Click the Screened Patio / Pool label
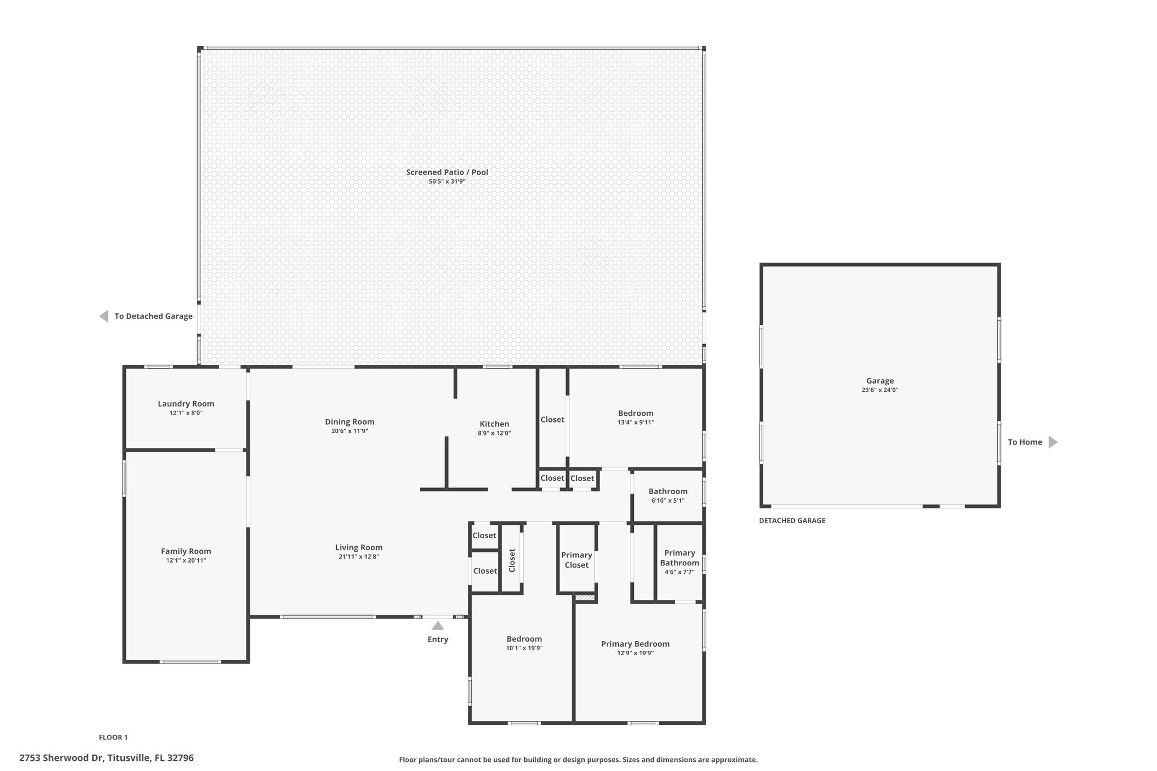coord(447,172)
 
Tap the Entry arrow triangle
coord(438,625)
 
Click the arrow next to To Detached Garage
coord(103,316)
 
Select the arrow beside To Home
coord(1053,442)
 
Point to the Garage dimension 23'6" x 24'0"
coord(880,390)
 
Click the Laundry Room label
coord(186,404)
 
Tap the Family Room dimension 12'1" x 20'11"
coord(186,561)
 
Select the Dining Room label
coord(350,422)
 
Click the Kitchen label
coord(494,424)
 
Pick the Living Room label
coord(359,547)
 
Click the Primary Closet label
coord(577,560)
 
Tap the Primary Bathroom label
coord(680,558)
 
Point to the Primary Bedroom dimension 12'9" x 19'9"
coord(636,654)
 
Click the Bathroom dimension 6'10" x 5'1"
coord(668,500)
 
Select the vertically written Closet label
coord(512,560)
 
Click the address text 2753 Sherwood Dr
coord(61,758)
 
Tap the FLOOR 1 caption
coord(113,737)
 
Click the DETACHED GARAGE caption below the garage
coord(792,521)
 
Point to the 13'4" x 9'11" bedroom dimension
coord(636,422)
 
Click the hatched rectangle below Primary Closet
coord(585,598)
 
